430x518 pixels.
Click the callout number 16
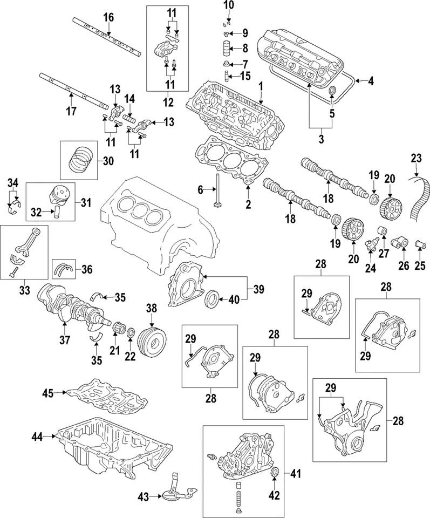pos(108,17)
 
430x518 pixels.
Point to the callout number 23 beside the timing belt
pos(415,159)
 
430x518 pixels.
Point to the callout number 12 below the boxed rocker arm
pos(168,101)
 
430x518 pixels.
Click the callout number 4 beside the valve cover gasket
pos(370,81)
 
